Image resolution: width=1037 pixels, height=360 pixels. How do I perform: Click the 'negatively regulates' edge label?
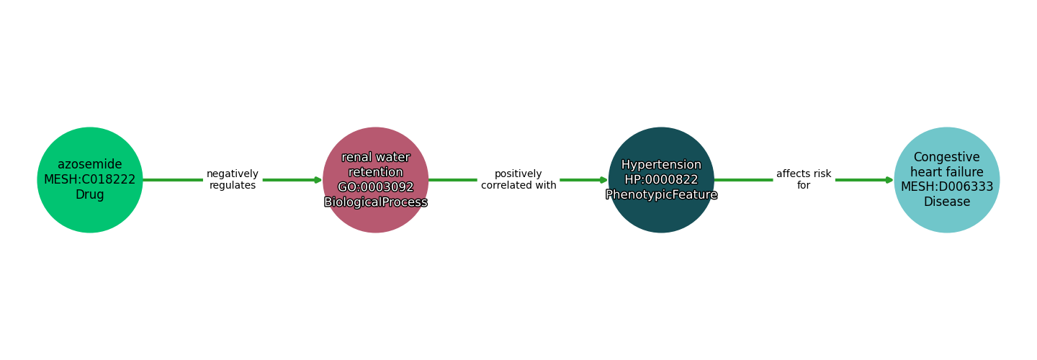point(232,180)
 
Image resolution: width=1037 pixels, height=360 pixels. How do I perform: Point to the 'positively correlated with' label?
point(518,180)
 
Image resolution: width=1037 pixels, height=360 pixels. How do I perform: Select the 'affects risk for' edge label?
point(804,180)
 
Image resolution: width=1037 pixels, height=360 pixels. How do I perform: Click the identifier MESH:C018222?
point(90,180)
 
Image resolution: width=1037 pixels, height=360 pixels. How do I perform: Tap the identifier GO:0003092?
point(375,187)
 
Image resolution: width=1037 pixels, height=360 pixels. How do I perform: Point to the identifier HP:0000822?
point(661,180)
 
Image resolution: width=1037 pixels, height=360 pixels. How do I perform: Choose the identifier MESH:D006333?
point(947,187)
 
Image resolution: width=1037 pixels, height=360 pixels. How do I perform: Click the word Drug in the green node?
point(90,195)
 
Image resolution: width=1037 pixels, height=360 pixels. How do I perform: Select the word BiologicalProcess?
point(375,202)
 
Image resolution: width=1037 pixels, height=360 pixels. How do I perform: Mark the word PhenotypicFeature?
point(661,195)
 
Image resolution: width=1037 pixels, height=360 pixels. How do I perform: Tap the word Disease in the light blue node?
point(947,202)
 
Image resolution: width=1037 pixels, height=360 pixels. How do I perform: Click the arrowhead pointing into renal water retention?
point(318,180)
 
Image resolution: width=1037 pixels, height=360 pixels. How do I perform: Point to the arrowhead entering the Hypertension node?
point(603,180)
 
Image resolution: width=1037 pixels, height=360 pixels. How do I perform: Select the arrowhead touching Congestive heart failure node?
point(889,180)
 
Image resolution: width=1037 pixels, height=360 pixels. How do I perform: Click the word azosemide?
point(90,165)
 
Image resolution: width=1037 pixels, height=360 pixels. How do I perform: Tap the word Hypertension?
point(661,165)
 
